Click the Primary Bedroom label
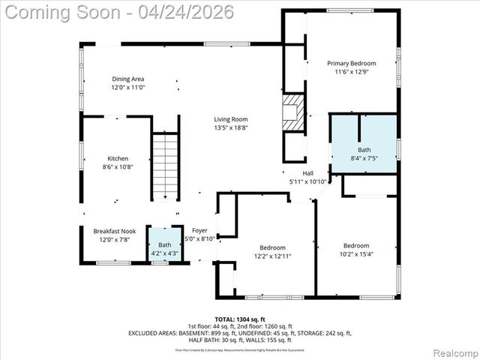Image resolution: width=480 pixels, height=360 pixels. (x=351, y=64)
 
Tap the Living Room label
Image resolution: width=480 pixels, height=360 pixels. (x=230, y=119)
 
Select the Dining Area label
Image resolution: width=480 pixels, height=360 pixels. (x=127, y=79)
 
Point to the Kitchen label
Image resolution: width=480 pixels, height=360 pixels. (x=118, y=158)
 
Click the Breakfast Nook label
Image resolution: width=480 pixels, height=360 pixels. (x=115, y=231)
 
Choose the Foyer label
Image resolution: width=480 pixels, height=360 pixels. (x=199, y=230)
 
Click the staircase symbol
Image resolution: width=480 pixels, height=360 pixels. (x=165, y=166)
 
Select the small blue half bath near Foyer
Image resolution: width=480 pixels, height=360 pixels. (x=164, y=245)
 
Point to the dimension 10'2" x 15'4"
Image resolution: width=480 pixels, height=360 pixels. (x=356, y=254)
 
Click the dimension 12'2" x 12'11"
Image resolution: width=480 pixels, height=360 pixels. (x=272, y=256)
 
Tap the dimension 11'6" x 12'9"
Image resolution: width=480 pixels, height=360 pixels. (x=351, y=73)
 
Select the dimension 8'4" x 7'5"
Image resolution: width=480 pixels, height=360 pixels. (x=364, y=158)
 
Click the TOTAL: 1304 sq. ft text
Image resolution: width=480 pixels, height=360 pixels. (x=239, y=319)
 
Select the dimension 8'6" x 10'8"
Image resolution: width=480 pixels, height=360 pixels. (x=118, y=167)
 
